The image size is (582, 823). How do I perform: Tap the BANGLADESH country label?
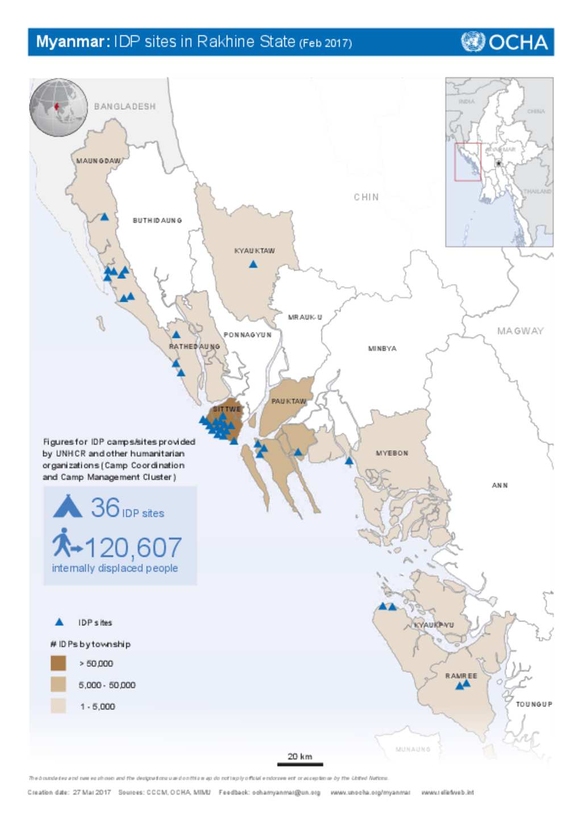coord(124,106)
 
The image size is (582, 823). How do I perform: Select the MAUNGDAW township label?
coord(98,161)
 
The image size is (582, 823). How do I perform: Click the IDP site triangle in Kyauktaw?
coord(253,264)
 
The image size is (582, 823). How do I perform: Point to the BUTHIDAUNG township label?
coord(157,220)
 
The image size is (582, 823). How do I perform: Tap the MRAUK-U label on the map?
coord(305,317)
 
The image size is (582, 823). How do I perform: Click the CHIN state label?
coord(366,197)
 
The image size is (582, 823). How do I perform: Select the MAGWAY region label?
coord(520,330)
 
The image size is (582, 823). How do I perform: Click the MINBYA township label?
coord(382,349)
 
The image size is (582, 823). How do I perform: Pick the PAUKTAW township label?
coord(289,401)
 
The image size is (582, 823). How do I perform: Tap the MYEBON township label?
coord(392,453)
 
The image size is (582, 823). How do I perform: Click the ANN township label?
coord(500,485)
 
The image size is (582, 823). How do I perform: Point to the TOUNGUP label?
coord(534,704)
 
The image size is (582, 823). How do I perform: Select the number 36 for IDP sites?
coord(106,507)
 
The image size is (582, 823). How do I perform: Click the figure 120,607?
coord(133,548)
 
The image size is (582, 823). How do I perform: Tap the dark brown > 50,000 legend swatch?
coord(58,663)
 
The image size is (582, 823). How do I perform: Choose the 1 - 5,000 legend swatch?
coord(58,706)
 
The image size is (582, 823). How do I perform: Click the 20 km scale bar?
coord(300,763)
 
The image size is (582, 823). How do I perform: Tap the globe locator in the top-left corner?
coord(59,107)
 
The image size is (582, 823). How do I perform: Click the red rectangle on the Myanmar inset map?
coord(468,162)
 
